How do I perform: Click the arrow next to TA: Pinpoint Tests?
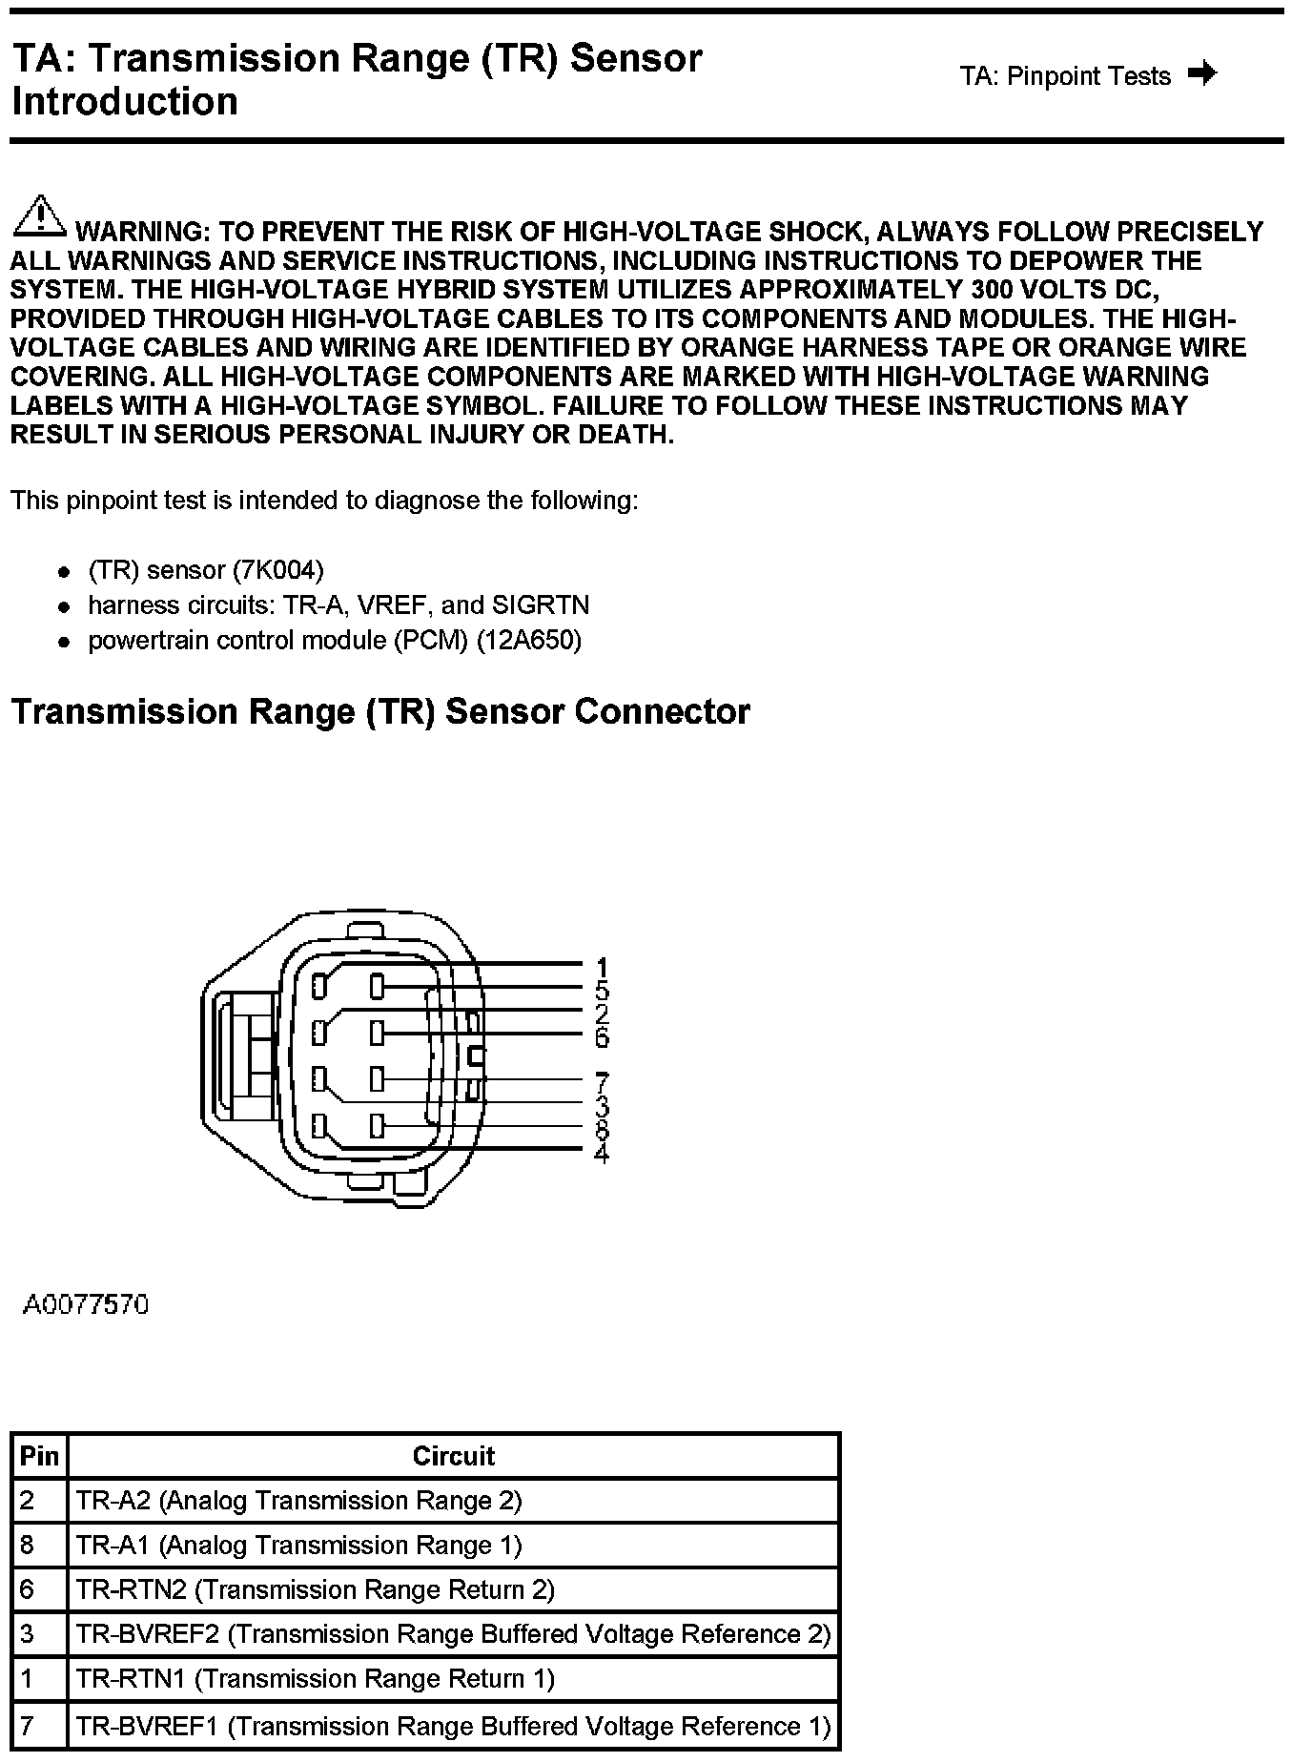pyautogui.click(x=1203, y=74)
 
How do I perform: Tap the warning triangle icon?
pyautogui.click(x=38, y=215)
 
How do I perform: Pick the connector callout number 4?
pyautogui.click(x=602, y=1154)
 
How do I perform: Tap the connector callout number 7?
pyautogui.click(x=602, y=1083)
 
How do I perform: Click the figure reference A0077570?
pyautogui.click(x=86, y=1304)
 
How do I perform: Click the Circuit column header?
pyautogui.click(x=453, y=1456)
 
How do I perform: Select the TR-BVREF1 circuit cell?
pyautogui.click(x=453, y=1726)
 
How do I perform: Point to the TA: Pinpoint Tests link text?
pyautogui.click(x=1065, y=76)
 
